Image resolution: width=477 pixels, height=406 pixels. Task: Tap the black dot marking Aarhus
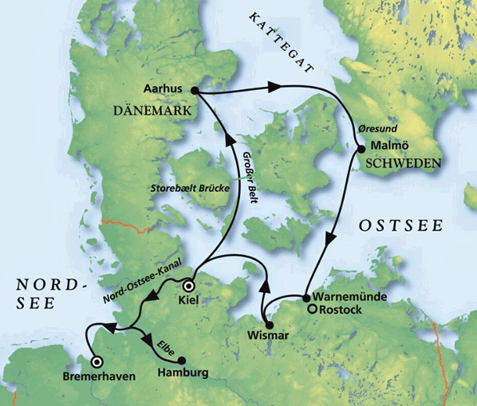[x=195, y=90]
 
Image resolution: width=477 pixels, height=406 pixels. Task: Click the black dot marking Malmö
[x=363, y=146]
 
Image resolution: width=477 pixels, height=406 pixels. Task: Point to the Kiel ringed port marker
[x=189, y=286]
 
